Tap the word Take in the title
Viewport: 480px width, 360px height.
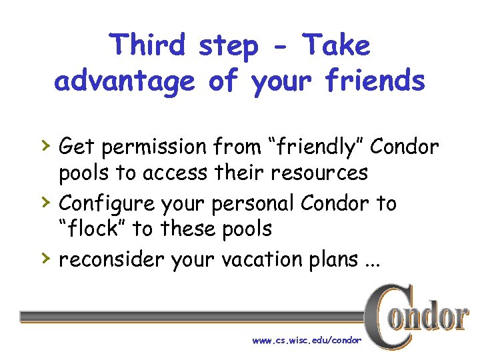(x=335, y=45)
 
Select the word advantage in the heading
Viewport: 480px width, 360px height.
(x=125, y=81)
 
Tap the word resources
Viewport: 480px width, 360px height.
(x=319, y=173)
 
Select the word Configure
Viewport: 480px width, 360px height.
(x=104, y=203)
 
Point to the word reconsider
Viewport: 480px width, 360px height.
(x=111, y=259)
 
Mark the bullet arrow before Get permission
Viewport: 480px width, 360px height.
(x=44, y=144)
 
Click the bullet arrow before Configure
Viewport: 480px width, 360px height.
(x=44, y=201)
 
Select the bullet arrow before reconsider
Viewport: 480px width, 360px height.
(x=44, y=257)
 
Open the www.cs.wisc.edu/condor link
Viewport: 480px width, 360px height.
(x=307, y=341)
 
